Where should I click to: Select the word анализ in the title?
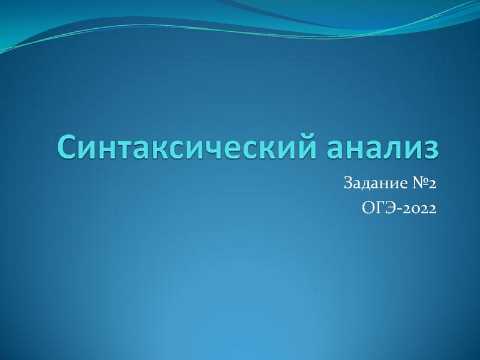[x=377, y=148]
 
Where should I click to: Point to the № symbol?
[x=415, y=183]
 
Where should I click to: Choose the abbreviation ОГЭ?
[x=377, y=209]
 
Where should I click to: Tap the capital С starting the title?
[x=68, y=148]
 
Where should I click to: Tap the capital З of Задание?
[x=349, y=183]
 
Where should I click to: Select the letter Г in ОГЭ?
[x=379, y=209]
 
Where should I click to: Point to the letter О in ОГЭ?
[x=368, y=209]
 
